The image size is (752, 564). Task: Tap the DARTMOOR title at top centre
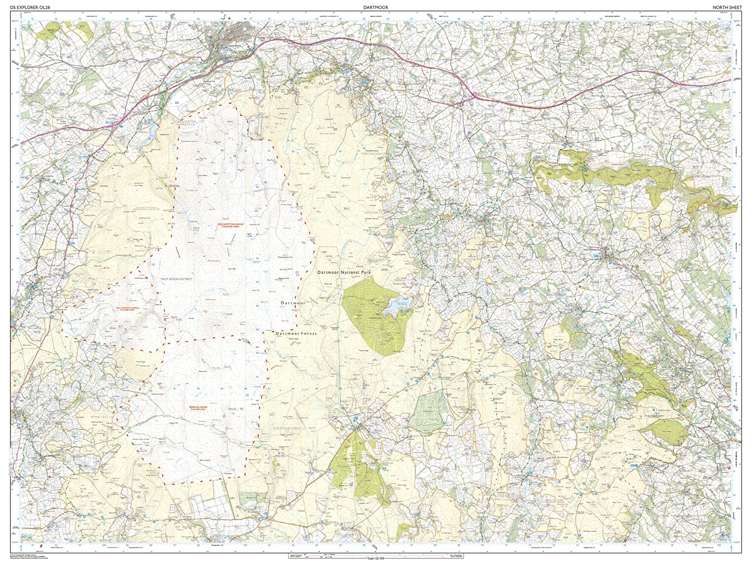pos(376,7)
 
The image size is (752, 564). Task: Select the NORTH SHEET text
pos(726,7)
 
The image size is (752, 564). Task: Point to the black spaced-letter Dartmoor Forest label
pos(296,334)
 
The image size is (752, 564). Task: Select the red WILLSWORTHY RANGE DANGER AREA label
pos(95,309)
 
